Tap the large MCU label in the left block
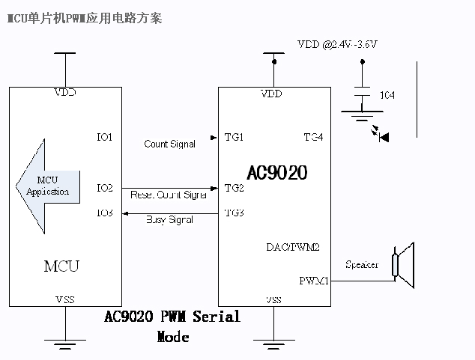[61, 266]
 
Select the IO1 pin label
[105, 137]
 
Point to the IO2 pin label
[105, 188]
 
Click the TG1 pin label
[235, 137]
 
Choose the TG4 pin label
[313, 137]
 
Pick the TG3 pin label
[235, 213]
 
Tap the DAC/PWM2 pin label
[294, 247]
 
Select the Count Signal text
[169, 144]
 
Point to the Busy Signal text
[169, 220]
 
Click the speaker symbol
[404, 265]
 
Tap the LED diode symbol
[384, 136]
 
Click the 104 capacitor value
[387, 96]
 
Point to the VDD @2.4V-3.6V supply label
[336, 46]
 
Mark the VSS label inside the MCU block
[65, 299]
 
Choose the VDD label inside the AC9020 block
[271, 94]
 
